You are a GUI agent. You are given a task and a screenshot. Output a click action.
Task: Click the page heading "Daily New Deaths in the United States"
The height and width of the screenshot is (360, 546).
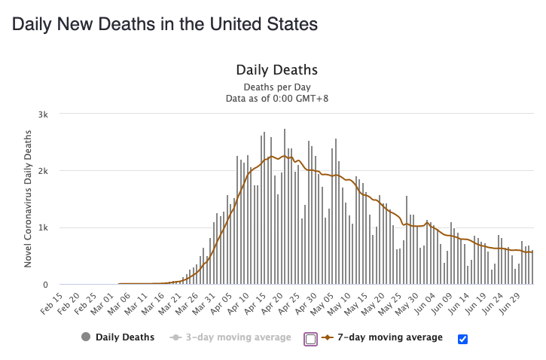click(164, 24)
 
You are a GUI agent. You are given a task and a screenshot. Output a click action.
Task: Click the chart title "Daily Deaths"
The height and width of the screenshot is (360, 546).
click(276, 70)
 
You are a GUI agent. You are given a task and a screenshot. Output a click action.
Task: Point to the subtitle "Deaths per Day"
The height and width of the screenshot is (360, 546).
click(276, 87)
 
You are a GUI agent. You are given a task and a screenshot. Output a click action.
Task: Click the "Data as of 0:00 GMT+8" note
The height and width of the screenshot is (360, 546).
click(276, 98)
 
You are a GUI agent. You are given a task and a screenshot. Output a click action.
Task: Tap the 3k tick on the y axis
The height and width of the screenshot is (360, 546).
click(44, 114)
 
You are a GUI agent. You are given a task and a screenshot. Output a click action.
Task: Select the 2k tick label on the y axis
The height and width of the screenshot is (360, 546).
click(44, 171)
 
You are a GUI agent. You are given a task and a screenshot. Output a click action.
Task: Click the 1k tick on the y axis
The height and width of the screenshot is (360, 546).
click(44, 227)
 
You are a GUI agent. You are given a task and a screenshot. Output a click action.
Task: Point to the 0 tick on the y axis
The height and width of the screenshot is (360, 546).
click(46, 285)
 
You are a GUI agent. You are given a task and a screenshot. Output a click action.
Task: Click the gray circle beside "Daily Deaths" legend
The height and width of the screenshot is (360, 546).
click(87, 337)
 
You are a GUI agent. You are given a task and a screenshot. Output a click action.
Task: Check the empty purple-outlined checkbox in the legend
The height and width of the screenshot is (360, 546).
click(310, 339)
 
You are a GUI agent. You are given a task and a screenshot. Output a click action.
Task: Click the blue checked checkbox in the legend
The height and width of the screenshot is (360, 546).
click(463, 339)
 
